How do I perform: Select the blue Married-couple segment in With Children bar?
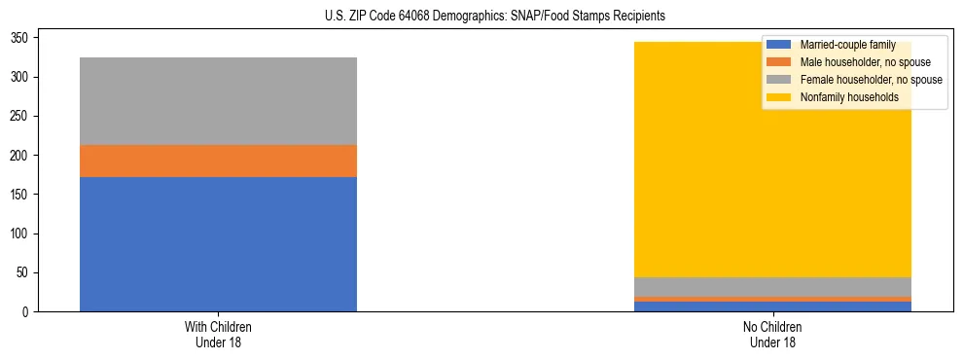[x=218, y=244]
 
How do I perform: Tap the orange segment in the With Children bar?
[x=218, y=161]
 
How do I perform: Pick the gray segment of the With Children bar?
[x=218, y=101]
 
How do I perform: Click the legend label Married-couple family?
[x=847, y=45]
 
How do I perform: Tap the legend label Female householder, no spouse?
[x=871, y=80]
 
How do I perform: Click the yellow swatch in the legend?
[x=779, y=97]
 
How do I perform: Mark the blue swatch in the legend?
[x=779, y=45]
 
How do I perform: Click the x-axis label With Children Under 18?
[x=218, y=335]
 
